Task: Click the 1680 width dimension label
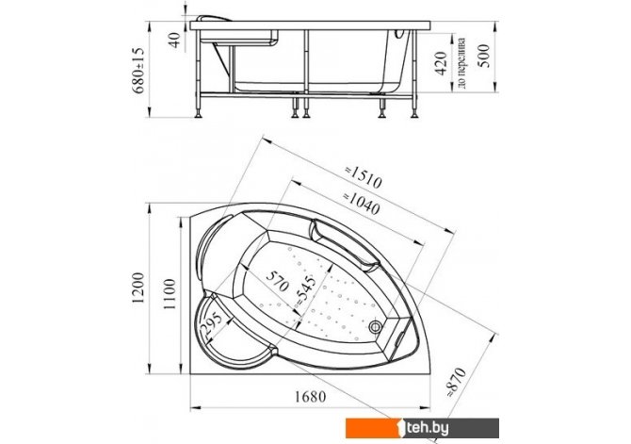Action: tap(310, 397)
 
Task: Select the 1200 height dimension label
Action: tap(138, 288)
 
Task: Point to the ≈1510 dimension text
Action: tap(363, 177)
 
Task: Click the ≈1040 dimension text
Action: tap(361, 203)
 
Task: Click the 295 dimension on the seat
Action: tap(212, 324)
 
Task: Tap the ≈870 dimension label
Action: tap(457, 383)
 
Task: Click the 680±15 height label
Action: tap(138, 70)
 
